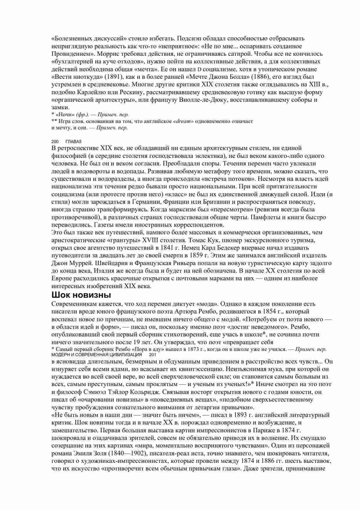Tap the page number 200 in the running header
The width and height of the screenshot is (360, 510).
(x=55, y=142)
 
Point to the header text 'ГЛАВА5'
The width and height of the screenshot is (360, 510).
(x=74, y=142)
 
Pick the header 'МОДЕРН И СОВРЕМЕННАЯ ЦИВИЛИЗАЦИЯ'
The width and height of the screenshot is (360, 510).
(x=96, y=355)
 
